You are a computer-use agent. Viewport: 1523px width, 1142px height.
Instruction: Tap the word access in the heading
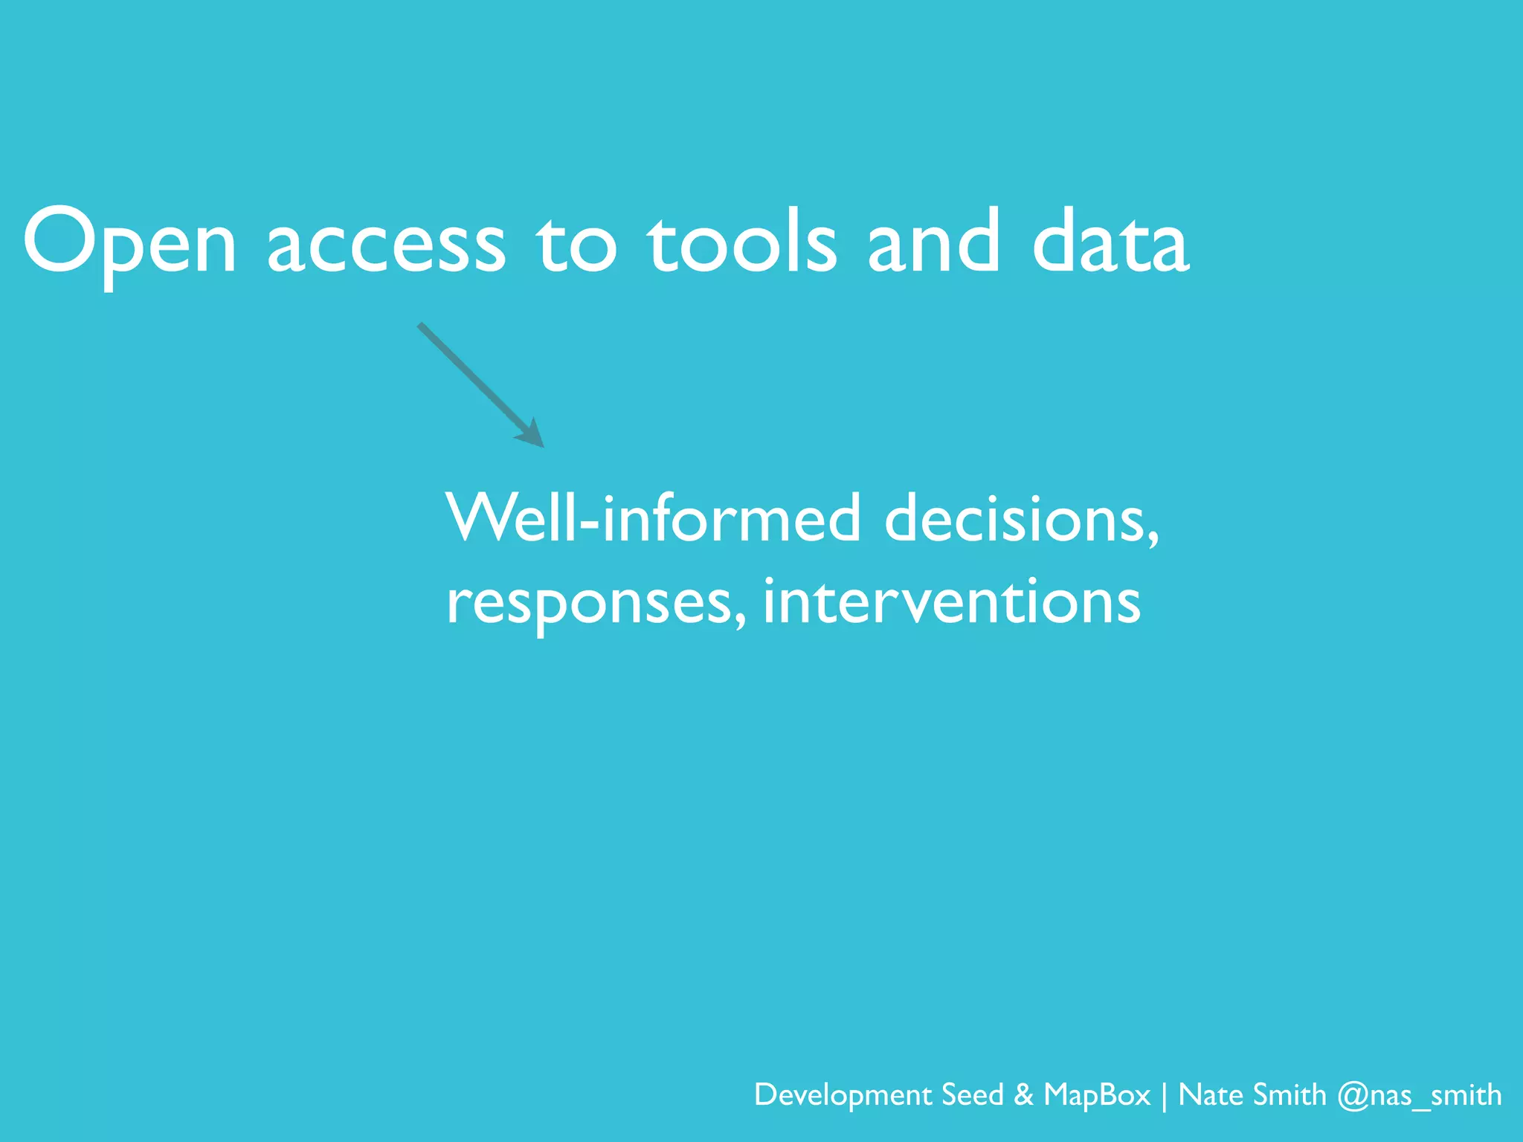coord(386,245)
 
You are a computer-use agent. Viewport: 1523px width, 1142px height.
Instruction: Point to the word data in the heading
coord(1111,242)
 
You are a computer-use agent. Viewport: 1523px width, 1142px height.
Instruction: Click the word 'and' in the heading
coord(933,242)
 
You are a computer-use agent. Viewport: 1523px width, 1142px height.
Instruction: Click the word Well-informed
coord(653,517)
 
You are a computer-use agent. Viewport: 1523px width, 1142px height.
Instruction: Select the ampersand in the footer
coord(1023,1094)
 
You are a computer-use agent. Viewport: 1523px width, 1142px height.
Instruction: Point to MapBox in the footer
coord(1097,1094)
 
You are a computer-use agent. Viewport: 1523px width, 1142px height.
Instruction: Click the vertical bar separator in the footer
coord(1165,1096)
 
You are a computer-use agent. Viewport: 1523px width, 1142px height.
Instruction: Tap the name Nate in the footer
coord(1210,1094)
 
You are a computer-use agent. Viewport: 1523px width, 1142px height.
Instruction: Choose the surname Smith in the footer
coord(1289,1094)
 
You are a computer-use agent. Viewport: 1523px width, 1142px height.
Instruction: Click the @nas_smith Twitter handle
coord(1419,1096)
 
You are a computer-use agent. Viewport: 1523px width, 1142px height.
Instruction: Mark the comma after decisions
coord(1152,540)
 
